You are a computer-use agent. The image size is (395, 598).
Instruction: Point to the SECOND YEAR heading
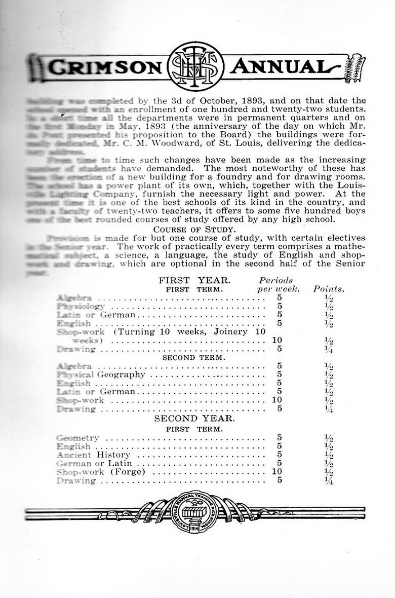[194, 419]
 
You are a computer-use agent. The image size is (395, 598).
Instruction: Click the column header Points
[329, 289]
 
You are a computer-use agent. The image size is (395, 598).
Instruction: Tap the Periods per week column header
[276, 284]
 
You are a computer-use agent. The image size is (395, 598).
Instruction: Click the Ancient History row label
[94, 455]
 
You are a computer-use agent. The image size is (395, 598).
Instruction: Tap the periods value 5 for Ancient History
[280, 455]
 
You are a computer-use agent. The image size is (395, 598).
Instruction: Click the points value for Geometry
[329, 438]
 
